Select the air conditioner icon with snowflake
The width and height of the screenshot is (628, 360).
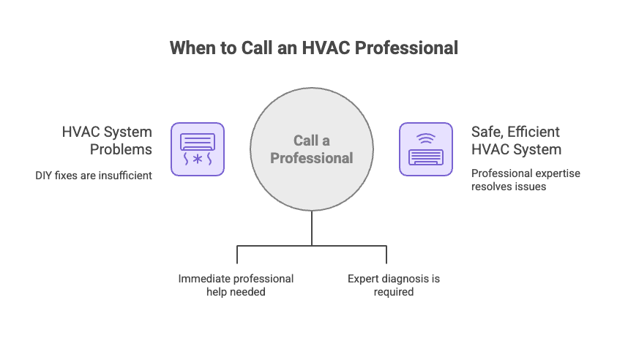coord(198,149)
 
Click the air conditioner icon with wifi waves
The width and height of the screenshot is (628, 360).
coord(425,149)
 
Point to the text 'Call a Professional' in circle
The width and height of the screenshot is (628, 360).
coord(312,149)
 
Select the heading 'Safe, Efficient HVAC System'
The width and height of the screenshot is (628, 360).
coord(517,140)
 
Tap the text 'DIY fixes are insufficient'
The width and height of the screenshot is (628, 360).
coord(94,176)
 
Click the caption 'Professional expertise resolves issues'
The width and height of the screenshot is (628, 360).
coord(526,180)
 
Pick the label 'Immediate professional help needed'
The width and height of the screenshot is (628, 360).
coord(236,285)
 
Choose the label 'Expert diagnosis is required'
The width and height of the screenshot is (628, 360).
coord(394,285)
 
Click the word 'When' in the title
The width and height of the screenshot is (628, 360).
coord(192,48)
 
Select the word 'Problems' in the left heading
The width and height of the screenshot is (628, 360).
coord(122,149)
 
